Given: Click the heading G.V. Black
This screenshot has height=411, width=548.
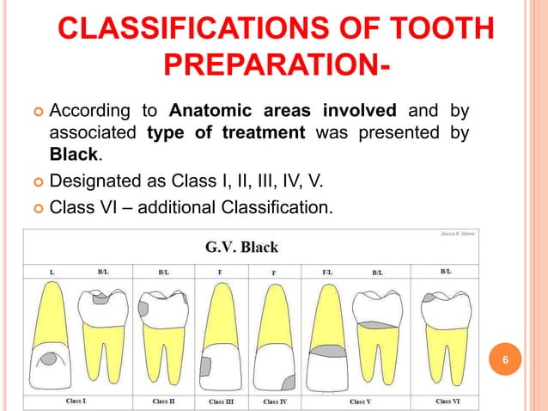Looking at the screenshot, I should (x=241, y=248).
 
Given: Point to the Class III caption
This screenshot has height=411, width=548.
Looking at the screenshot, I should (x=222, y=402).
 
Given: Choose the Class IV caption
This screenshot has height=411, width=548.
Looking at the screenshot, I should (x=276, y=402).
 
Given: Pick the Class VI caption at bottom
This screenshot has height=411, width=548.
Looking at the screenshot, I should (x=448, y=401).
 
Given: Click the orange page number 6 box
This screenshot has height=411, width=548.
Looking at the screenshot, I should (x=506, y=360).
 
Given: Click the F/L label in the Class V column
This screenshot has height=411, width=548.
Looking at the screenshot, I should (x=327, y=271).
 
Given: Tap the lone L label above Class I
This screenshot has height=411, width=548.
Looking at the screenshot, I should (x=52, y=271).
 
